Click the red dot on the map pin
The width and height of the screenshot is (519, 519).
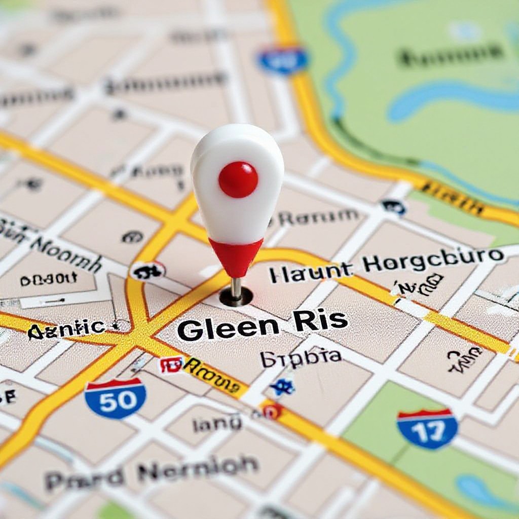(238, 179)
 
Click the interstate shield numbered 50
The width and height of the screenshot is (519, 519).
(116, 398)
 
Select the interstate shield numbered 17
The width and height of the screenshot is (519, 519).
(427, 429)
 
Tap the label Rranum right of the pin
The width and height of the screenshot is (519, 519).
(319, 218)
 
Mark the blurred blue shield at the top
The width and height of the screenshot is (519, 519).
(282, 60)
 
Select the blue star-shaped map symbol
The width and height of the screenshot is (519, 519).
(282, 387)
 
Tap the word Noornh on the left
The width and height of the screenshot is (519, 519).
(66, 253)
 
